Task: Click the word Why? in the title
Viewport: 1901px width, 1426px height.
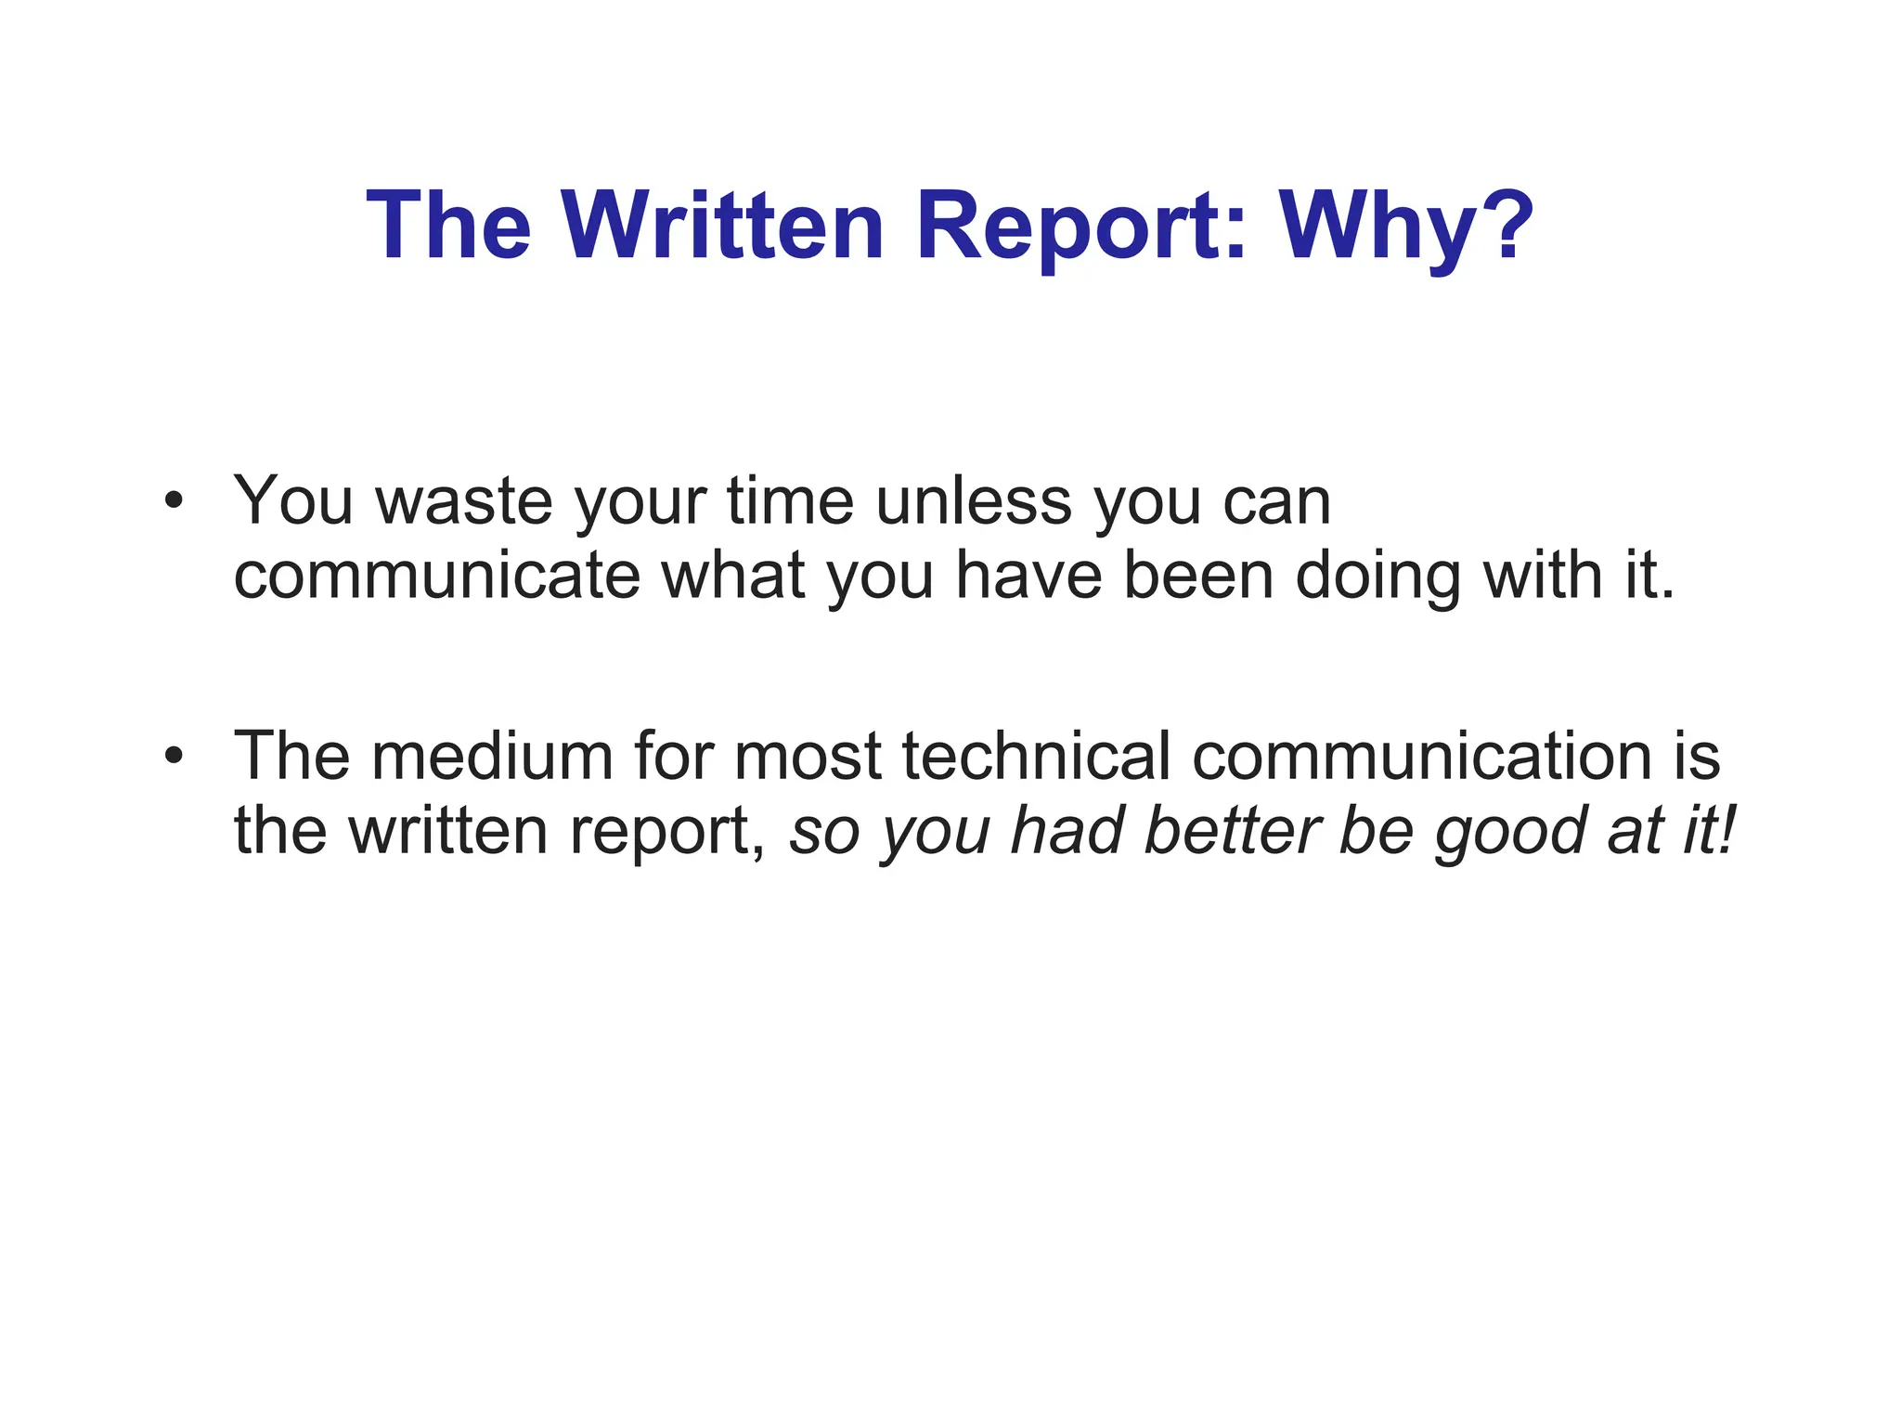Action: tap(1406, 227)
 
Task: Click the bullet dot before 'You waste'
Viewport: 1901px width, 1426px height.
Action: tap(173, 502)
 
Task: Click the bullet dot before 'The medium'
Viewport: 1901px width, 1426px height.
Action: tap(173, 757)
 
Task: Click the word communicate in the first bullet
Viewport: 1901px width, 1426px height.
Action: tap(437, 577)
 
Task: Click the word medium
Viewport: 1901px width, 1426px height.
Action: tap(493, 756)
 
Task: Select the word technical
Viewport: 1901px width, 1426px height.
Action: tap(1036, 756)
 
